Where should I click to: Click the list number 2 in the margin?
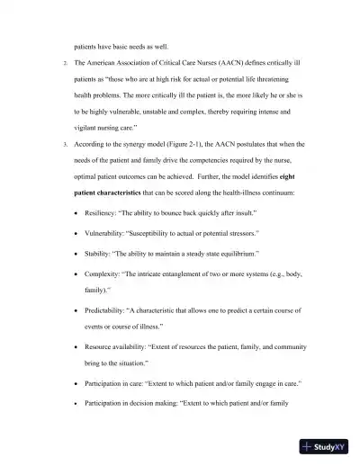(x=52, y=63)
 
